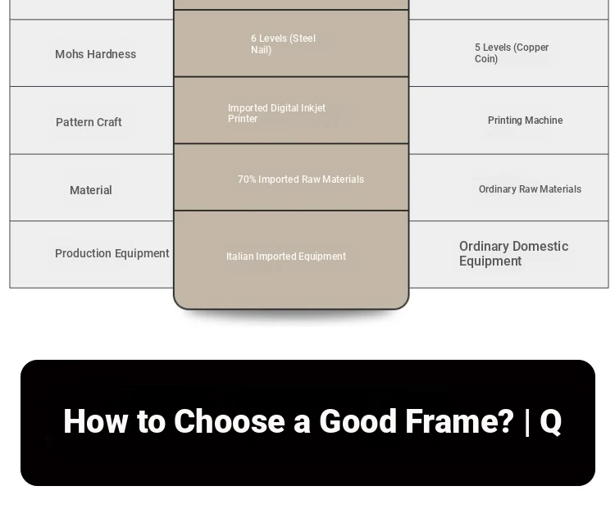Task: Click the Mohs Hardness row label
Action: (95, 54)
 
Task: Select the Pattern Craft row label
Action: (89, 122)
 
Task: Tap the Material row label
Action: (90, 190)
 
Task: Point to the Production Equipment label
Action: (112, 253)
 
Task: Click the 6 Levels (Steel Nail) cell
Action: (283, 44)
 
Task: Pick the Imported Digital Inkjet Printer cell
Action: (276, 113)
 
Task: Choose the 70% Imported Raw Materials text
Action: (301, 179)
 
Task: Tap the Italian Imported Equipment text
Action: (286, 256)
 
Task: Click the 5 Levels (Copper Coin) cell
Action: (512, 53)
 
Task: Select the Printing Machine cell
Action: (525, 120)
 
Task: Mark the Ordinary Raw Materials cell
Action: (530, 189)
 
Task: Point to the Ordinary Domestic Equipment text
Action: (514, 254)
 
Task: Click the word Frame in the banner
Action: (459, 421)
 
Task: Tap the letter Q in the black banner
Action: (551, 421)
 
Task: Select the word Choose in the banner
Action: (230, 421)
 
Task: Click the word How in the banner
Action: (96, 421)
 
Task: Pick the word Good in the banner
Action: (358, 421)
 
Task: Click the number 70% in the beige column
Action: (247, 179)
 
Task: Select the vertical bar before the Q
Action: (526, 422)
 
